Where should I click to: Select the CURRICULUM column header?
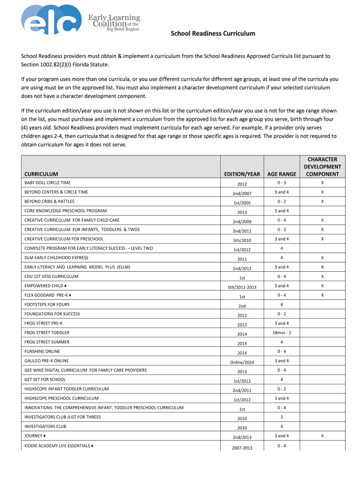click(x=41, y=174)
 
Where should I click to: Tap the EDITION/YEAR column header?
click(x=242, y=174)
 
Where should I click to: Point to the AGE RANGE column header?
click(x=281, y=174)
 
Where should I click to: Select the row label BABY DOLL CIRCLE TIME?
click(x=47, y=183)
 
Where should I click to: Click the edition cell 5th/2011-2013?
click(x=242, y=287)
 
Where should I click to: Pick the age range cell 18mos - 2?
click(x=281, y=333)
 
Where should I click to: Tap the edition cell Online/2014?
click(x=242, y=362)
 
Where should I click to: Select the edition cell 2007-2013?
click(x=242, y=448)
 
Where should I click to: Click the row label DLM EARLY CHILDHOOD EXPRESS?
click(x=56, y=258)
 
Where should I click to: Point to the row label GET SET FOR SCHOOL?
click(x=45, y=379)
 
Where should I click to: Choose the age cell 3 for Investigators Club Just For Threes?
click(x=281, y=417)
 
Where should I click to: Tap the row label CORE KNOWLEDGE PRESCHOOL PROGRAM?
click(x=65, y=211)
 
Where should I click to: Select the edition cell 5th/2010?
click(x=242, y=240)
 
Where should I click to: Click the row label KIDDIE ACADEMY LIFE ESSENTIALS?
click(x=58, y=446)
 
